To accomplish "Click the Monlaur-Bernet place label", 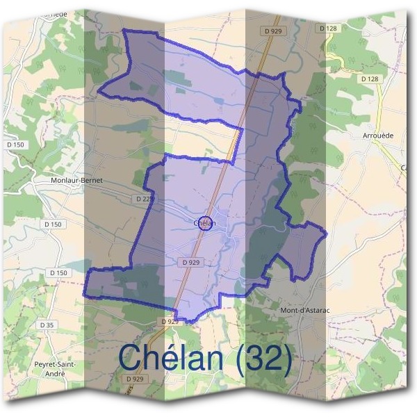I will [x=76, y=180].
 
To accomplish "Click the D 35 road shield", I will [x=47, y=325].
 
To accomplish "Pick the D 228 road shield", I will [x=145, y=199].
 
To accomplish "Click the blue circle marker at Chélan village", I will [x=204, y=223].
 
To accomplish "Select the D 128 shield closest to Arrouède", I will [x=370, y=79].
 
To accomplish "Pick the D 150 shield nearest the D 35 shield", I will [x=58, y=273].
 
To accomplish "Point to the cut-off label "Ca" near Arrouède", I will [x=403, y=167].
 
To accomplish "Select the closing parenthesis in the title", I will [x=286, y=357].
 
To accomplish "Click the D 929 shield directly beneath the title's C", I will [x=135, y=379].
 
